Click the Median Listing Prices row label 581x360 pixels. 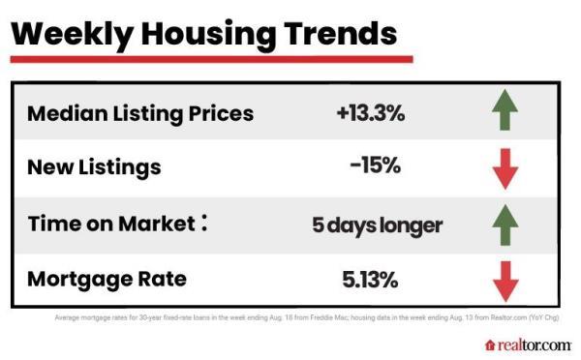(x=140, y=113)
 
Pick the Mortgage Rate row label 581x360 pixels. (x=107, y=280)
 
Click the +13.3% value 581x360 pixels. (x=371, y=113)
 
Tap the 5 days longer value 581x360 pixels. (x=377, y=225)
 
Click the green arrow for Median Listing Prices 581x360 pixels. (x=505, y=112)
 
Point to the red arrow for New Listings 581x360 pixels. (x=505, y=169)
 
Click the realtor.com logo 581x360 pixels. (x=528, y=345)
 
